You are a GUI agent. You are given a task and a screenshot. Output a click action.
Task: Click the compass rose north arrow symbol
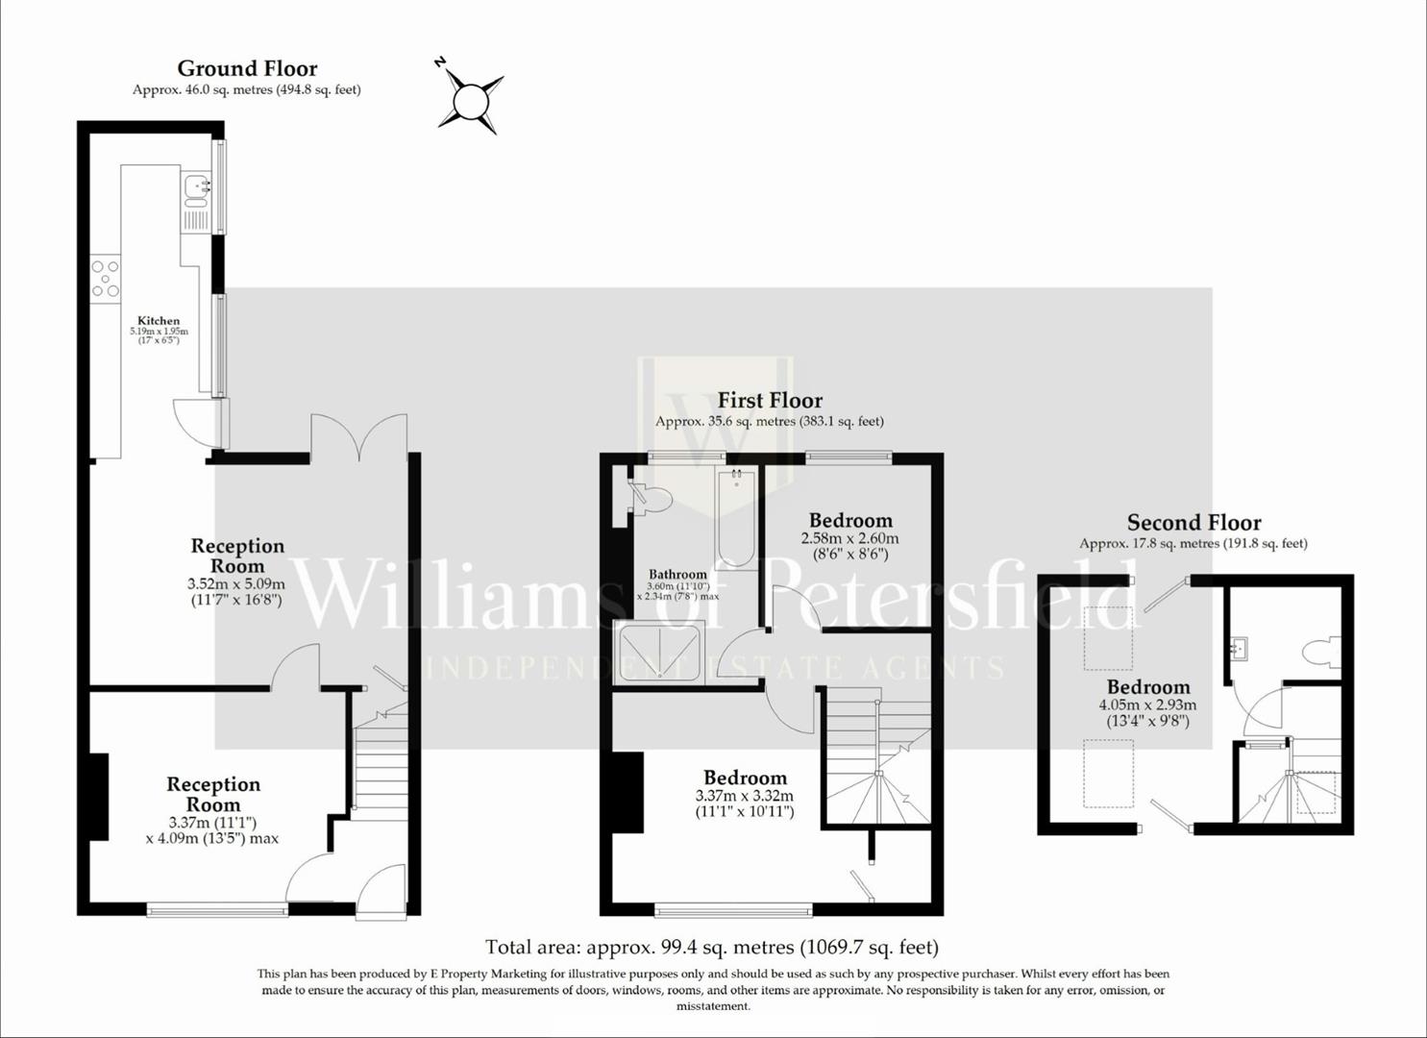point(471,99)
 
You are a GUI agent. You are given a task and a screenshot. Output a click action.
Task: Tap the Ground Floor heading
point(247,68)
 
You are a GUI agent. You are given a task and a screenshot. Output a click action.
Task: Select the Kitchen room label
point(159,321)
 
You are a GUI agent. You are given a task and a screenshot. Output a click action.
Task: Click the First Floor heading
point(770,400)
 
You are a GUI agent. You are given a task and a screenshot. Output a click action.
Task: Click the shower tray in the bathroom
point(660,653)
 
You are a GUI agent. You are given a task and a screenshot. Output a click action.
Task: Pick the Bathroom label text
point(677,574)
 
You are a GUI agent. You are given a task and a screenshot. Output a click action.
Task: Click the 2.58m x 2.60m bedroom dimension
point(849,538)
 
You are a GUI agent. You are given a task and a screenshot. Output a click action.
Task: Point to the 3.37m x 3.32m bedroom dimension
point(745,796)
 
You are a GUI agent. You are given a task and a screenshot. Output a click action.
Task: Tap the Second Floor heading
point(1193,522)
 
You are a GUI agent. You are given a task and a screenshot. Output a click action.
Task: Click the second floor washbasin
point(1239,649)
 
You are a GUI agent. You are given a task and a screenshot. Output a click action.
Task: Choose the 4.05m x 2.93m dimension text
point(1147,704)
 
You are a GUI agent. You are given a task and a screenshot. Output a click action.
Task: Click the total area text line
point(711,948)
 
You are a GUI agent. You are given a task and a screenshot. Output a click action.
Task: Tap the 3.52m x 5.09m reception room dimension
point(236,583)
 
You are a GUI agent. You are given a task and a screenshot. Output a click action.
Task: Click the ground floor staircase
point(381,769)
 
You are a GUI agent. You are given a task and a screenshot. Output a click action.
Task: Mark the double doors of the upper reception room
point(358,437)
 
